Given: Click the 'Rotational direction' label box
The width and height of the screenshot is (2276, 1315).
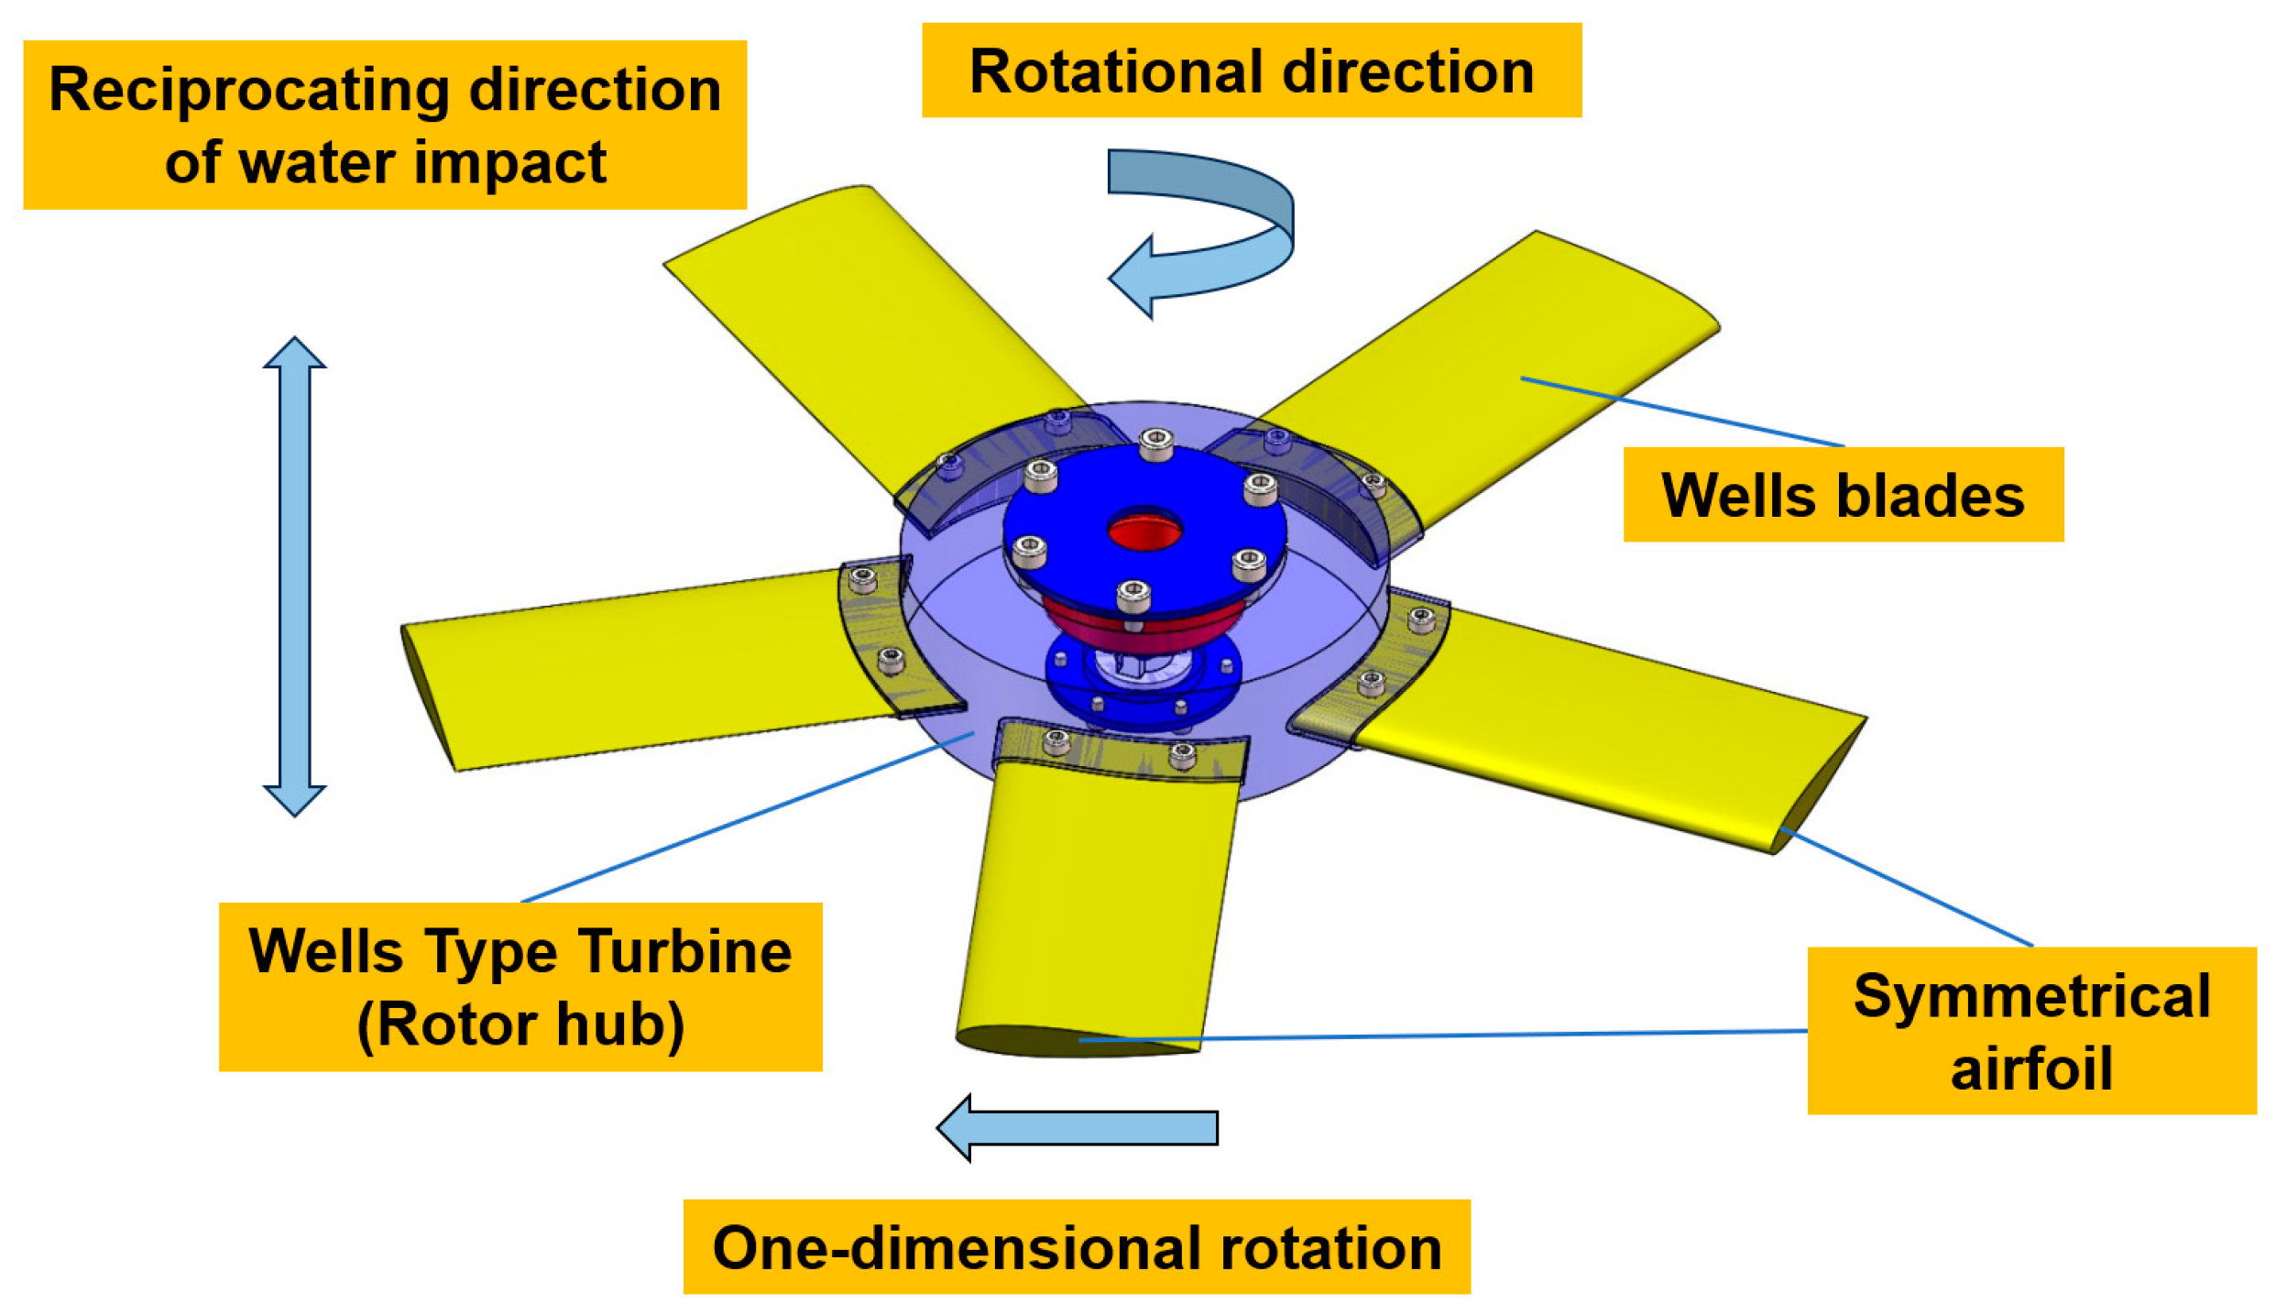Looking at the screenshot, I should [x=1251, y=71].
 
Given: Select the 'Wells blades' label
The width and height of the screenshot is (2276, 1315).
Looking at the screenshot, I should [x=1843, y=495].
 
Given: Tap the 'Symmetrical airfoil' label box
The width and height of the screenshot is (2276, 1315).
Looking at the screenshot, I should [x=2030, y=1031].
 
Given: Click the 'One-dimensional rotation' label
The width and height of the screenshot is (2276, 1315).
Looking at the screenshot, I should [x=1076, y=1247].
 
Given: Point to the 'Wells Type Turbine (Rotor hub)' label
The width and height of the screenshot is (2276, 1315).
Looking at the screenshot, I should [x=520, y=987].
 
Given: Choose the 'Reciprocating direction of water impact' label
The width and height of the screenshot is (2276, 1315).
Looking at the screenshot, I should [x=385, y=125].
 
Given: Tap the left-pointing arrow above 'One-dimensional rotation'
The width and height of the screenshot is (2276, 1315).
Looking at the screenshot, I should [x=1077, y=1127].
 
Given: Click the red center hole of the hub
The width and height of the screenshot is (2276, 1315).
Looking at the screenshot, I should [x=1144, y=531].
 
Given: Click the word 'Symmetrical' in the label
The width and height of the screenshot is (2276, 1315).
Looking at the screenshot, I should [x=2030, y=996].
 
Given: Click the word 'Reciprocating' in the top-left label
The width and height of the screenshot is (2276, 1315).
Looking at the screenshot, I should [x=249, y=90].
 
